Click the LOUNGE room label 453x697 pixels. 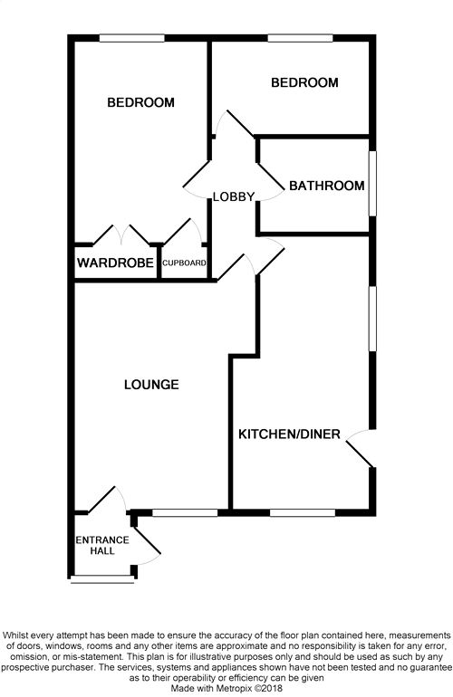point(151,385)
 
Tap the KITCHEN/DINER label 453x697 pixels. point(289,434)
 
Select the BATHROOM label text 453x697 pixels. point(327,186)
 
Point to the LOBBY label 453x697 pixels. point(234,196)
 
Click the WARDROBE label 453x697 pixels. point(115,263)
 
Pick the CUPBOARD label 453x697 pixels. point(184,263)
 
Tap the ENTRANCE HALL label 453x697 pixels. point(102,546)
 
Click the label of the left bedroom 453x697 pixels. point(140,102)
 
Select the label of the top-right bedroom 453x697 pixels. point(304,82)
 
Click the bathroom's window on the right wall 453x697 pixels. point(373,184)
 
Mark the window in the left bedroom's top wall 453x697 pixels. point(131,38)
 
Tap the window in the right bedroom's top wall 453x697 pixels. point(301,38)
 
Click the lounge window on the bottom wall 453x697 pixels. point(185,513)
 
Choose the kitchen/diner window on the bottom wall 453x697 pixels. point(303,513)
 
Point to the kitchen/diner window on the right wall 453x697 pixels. point(373,319)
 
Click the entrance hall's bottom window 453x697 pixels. point(102,579)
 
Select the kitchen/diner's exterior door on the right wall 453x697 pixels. point(360,449)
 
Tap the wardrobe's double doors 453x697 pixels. point(121,234)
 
